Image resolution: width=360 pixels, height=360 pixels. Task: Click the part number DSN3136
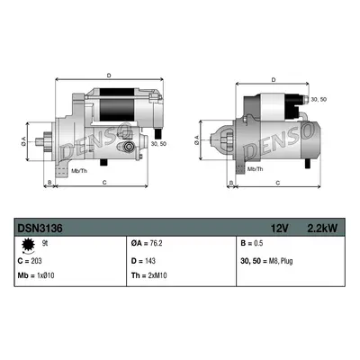tap(40, 229)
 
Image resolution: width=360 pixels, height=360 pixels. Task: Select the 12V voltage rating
tap(279, 229)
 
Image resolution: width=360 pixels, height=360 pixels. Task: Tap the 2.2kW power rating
tap(322, 229)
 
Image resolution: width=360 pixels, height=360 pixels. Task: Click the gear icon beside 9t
tap(29, 245)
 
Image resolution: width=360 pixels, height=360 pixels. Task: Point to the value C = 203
tap(30, 261)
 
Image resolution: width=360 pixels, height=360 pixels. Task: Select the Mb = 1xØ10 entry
tap(36, 275)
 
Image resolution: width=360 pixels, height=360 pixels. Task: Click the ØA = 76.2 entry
tap(147, 243)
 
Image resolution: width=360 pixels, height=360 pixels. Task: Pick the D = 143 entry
tap(143, 261)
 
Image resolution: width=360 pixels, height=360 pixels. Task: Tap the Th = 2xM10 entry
tap(148, 275)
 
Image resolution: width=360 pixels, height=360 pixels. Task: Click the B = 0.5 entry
tap(252, 243)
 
